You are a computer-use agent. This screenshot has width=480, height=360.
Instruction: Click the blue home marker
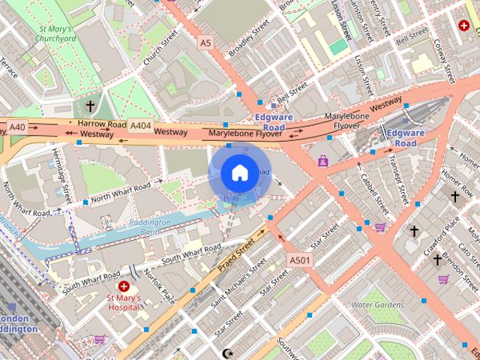click(x=239, y=173)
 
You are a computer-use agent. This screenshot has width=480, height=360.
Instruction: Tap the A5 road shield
click(x=205, y=43)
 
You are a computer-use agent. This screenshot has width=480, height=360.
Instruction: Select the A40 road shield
click(x=17, y=127)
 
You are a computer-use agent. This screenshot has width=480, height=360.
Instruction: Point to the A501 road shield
click(x=300, y=259)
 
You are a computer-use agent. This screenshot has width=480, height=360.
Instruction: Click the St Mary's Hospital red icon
click(x=124, y=286)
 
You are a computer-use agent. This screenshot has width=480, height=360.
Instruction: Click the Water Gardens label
click(x=377, y=305)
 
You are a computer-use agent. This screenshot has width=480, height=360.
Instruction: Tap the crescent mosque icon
click(x=229, y=352)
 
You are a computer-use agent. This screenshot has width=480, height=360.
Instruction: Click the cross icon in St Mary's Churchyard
click(x=91, y=106)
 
